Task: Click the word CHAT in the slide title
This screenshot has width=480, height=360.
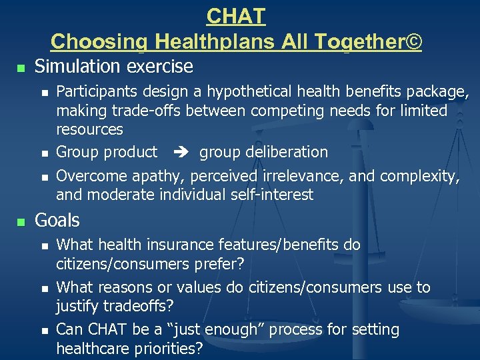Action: point(236,15)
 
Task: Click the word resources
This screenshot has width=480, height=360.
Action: point(89,129)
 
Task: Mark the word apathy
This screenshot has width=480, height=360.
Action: point(160,176)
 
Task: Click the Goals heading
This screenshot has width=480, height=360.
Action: point(57,221)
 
